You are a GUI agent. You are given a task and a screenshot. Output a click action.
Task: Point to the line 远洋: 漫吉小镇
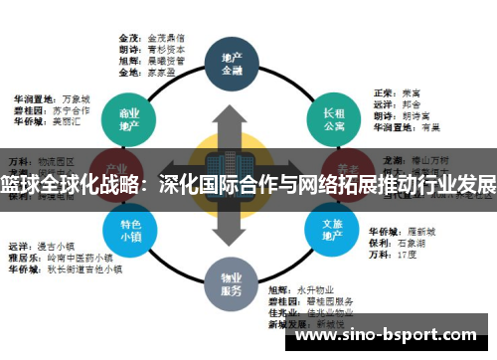point(45,245)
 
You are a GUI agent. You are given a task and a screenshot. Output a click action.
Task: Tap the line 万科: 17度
point(393,253)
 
